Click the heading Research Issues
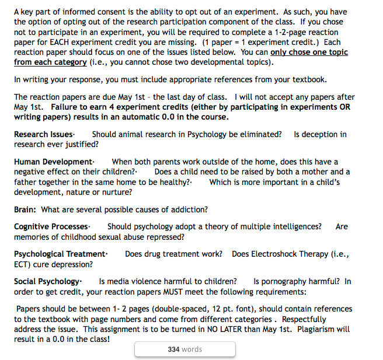pyautogui.click(x=44, y=134)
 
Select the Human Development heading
pyautogui.click(x=53, y=162)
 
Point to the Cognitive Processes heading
pyautogui.click(x=51, y=226)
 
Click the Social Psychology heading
pyautogui.click(x=47, y=281)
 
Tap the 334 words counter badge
pyautogui.click(x=184, y=349)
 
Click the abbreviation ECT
pyautogui.click(x=23, y=264)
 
